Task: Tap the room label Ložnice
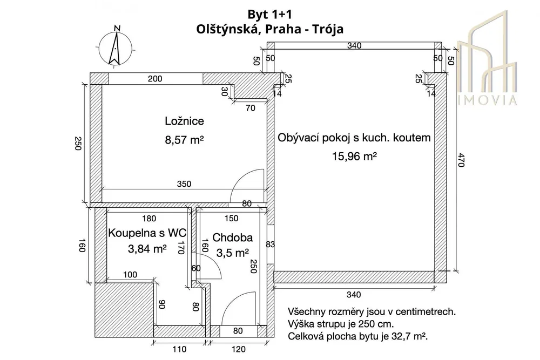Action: (184, 121)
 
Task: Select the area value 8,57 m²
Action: (184, 140)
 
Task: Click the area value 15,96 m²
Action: (354, 157)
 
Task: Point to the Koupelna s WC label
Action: (147, 233)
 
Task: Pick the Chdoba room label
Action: (232, 237)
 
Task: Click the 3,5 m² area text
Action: (232, 253)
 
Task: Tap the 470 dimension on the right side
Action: (461, 160)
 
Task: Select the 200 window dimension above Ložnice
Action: (155, 79)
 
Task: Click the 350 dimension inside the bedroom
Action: (184, 184)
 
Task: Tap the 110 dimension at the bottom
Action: (179, 349)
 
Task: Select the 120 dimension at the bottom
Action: (238, 349)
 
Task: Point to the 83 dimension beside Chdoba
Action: (271, 244)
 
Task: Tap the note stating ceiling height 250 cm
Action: (341, 324)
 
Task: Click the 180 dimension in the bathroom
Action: (149, 219)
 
